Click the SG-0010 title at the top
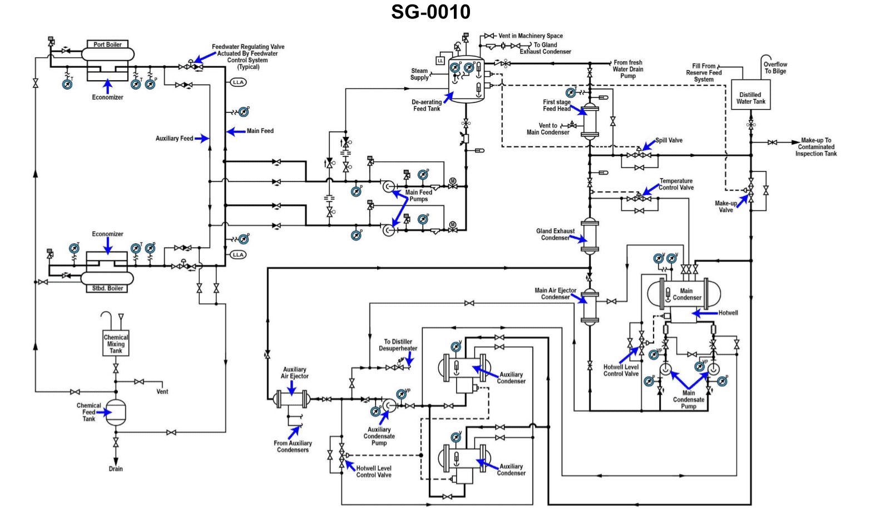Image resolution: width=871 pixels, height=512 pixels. point(430,12)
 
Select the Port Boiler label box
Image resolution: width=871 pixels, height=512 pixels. point(107,45)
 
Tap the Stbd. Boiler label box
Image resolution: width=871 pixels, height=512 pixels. point(107,288)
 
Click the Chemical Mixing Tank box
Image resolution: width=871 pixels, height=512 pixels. point(116,344)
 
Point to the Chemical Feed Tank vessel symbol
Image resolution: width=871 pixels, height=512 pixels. point(116,412)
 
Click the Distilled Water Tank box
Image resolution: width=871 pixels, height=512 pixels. point(750,98)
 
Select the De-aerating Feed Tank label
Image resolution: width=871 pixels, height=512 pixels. point(427,106)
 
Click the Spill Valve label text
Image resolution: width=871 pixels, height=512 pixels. point(669,140)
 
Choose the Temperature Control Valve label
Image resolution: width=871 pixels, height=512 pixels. point(676,184)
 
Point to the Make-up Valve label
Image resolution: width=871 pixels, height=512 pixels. point(725,206)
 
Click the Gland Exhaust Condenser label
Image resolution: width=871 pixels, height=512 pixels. point(555,234)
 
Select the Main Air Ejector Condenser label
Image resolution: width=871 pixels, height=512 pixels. point(555,294)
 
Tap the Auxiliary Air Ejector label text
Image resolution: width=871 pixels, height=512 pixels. point(294,373)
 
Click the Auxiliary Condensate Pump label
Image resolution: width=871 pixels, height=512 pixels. point(379,436)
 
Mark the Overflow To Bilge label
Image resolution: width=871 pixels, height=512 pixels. point(775,68)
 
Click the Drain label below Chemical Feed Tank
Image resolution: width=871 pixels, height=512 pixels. point(116,469)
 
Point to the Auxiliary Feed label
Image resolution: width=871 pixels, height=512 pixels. point(174,139)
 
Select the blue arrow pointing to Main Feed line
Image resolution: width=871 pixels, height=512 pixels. point(236,132)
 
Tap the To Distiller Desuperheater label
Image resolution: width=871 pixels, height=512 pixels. point(398,345)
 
